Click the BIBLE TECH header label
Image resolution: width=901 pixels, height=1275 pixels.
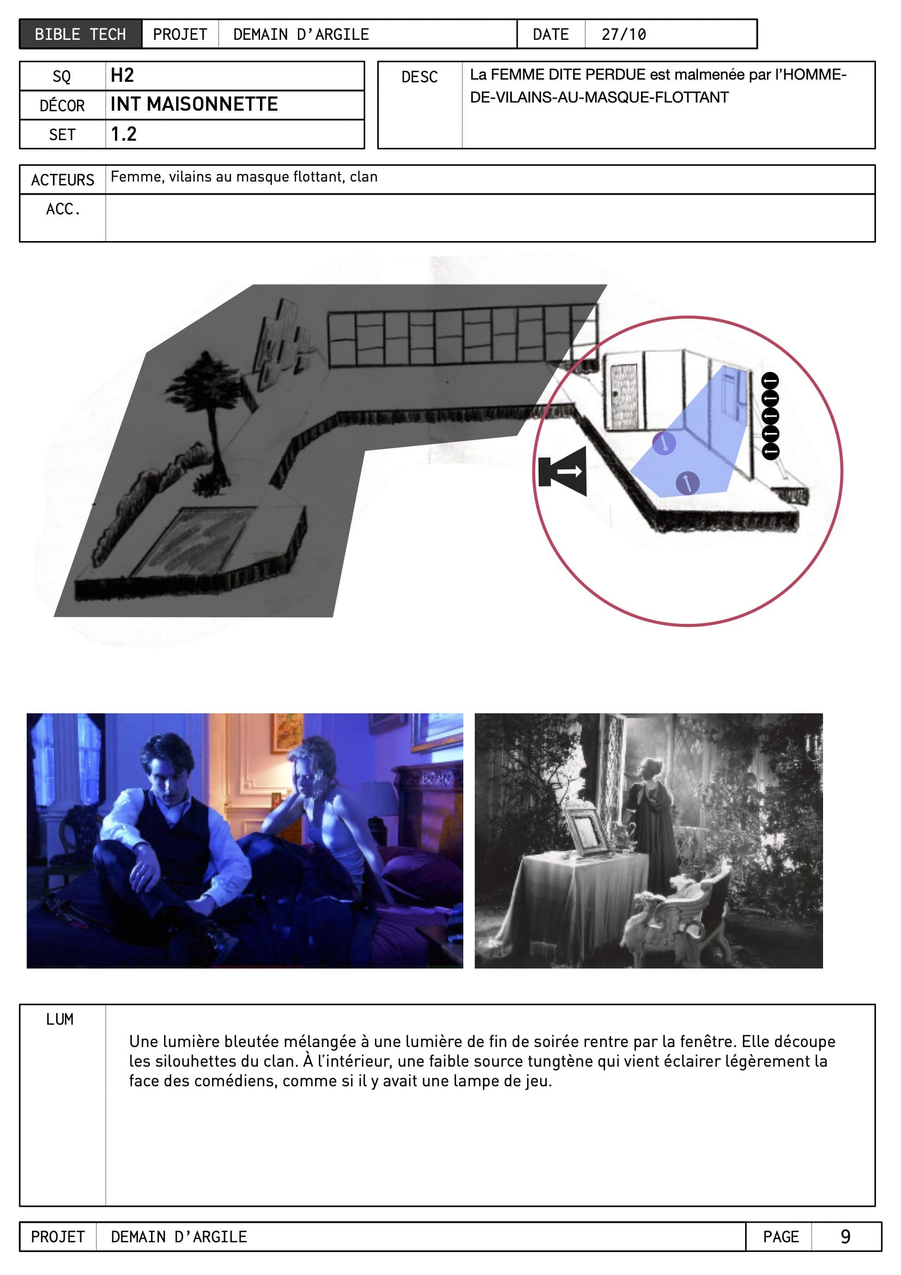click(81, 34)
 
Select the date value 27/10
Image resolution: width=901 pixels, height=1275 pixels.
click(624, 34)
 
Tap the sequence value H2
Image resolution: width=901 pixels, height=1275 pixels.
click(122, 75)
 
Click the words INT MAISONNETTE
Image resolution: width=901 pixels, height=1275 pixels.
click(194, 104)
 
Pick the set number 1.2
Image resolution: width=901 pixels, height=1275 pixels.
click(124, 134)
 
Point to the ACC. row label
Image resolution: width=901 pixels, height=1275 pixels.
click(63, 209)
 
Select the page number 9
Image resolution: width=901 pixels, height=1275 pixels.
click(845, 1237)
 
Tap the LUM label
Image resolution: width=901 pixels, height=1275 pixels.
click(60, 1020)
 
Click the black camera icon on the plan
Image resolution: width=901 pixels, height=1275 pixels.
click(563, 471)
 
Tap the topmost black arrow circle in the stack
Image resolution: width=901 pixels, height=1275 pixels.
click(770, 381)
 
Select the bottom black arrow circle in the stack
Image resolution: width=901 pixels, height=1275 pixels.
click(770, 451)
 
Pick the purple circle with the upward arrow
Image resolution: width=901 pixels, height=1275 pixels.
click(687, 483)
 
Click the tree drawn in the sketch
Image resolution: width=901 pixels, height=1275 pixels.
click(208, 422)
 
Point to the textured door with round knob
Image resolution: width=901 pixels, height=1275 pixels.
click(624, 396)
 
